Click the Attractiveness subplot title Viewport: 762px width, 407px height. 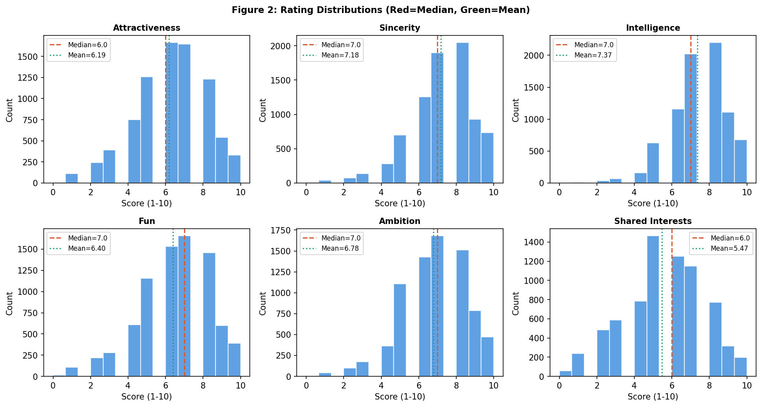(147, 28)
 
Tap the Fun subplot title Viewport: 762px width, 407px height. (147, 221)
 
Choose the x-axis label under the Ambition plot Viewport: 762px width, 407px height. (400, 397)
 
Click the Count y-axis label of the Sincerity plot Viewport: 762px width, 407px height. (263, 110)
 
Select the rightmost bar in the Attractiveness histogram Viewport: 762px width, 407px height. (234, 169)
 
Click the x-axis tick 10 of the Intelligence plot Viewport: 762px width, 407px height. (747, 192)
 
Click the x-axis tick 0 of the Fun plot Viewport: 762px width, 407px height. (53, 386)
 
